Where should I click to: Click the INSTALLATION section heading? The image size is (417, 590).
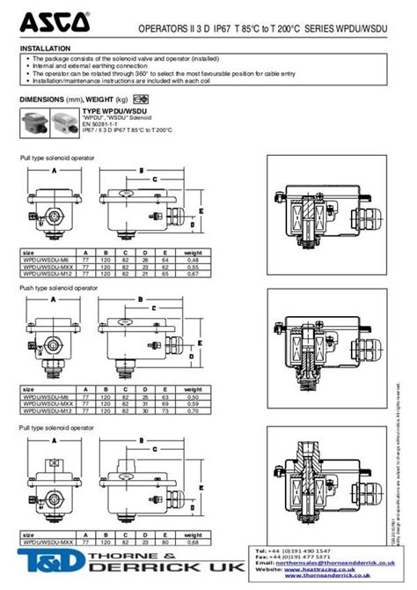(45, 48)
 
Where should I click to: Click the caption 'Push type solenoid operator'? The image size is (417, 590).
(59, 288)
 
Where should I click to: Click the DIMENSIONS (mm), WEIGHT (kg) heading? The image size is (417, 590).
(74, 100)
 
